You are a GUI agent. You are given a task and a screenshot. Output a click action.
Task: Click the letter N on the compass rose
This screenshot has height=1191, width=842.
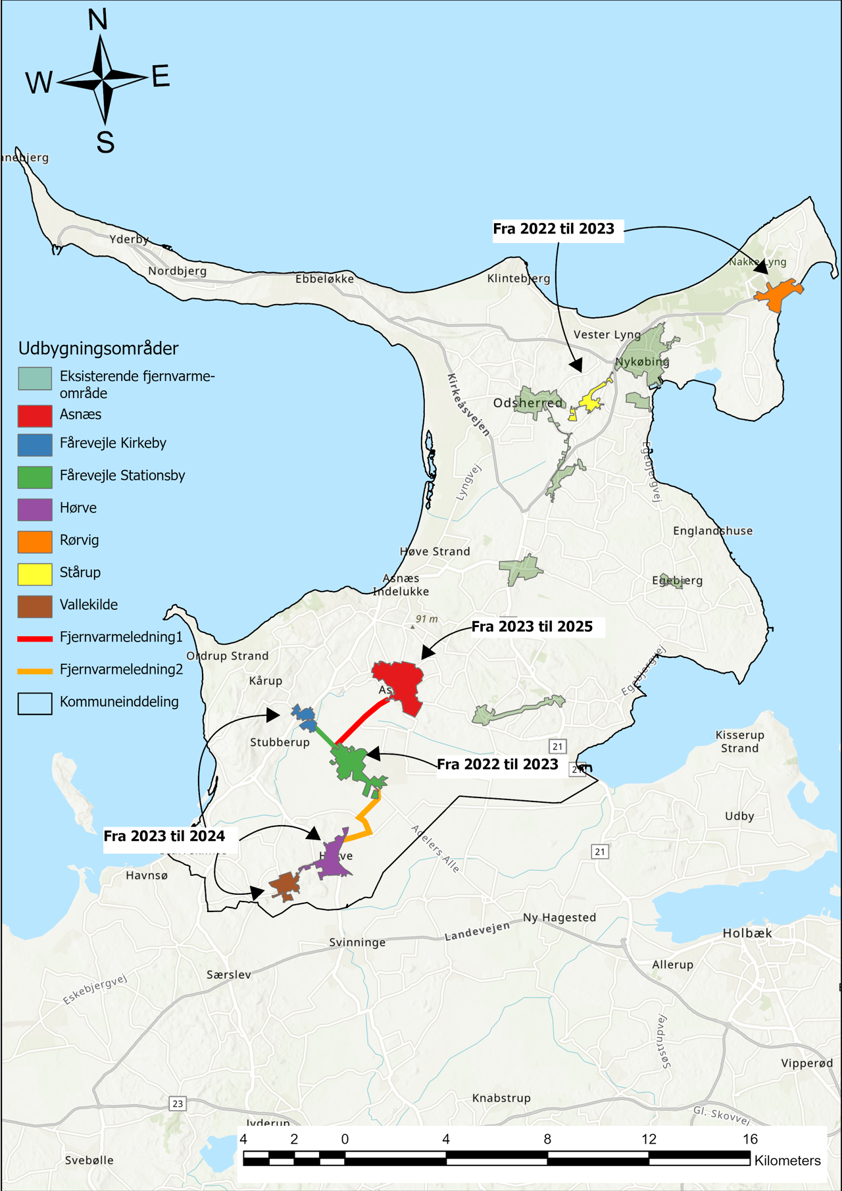[97, 20]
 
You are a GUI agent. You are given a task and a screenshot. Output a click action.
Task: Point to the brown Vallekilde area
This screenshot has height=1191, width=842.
[285, 886]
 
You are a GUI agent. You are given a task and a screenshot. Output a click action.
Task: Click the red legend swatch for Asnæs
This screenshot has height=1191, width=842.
[35, 415]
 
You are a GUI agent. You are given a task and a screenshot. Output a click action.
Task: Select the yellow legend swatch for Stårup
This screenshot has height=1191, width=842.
[35, 573]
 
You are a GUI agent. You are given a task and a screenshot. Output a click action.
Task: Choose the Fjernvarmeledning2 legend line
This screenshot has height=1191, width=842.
[35, 671]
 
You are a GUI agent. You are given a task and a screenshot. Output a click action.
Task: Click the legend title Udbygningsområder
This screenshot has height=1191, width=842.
[98, 348]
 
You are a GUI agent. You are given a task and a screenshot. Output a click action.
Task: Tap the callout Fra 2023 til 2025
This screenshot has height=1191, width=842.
[532, 626]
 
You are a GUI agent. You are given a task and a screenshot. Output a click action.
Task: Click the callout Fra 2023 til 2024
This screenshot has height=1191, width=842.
[164, 836]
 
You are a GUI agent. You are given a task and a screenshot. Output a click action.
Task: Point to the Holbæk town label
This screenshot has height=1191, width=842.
[747, 933]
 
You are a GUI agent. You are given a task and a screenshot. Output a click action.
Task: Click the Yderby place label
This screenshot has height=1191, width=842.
[129, 239]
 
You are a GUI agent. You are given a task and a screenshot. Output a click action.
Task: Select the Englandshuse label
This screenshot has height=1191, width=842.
[712, 530]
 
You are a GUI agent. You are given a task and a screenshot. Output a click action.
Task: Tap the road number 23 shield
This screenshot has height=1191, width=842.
[177, 1103]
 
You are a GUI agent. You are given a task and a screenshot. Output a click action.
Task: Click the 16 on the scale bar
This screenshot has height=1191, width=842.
[750, 1139]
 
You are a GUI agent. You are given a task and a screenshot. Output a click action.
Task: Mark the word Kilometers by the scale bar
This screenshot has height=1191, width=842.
[787, 1161]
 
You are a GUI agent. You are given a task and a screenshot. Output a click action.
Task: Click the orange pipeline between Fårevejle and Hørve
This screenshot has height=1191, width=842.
[366, 819]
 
